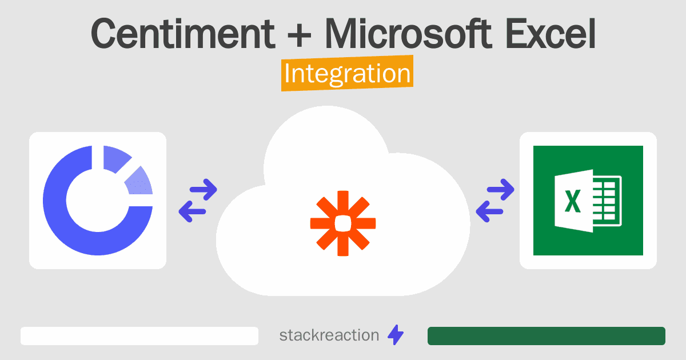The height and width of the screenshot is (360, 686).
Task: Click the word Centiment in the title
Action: click(x=183, y=34)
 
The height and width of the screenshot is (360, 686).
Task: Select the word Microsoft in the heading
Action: click(x=408, y=33)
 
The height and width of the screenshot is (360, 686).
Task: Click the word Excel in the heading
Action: click(x=551, y=33)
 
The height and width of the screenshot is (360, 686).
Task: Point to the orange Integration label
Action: click(x=348, y=73)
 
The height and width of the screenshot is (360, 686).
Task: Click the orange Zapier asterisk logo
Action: click(x=343, y=223)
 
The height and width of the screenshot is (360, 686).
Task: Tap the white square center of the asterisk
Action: click(x=343, y=223)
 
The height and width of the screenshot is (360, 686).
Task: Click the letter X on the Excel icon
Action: click(x=573, y=201)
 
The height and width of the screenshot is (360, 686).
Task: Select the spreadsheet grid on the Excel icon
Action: click(x=607, y=201)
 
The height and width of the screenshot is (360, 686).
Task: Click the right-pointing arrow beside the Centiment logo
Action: click(x=204, y=190)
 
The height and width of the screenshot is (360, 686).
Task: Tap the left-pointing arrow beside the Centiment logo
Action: click(x=192, y=211)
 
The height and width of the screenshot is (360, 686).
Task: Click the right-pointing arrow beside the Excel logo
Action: click(x=501, y=190)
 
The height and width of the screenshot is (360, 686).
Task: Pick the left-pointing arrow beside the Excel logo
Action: click(x=490, y=211)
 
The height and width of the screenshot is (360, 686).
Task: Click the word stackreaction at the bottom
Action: click(x=329, y=335)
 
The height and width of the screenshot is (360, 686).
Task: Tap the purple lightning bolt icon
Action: click(x=396, y=335)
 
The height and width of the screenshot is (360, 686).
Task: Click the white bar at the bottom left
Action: click(x=139, y=336)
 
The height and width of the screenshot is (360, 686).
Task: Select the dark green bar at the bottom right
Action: click(x=547, y=336)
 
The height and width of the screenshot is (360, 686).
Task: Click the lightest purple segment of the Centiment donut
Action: click(x=139, y=183)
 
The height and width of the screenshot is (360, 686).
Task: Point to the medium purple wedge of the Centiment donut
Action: click(x=115, y=158)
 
